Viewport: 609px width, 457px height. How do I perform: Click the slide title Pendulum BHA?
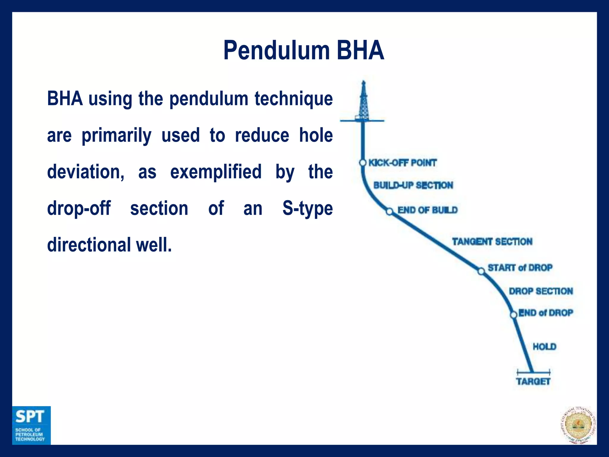[x=304, y=51]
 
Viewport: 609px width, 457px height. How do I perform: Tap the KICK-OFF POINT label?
[x=402, y=163]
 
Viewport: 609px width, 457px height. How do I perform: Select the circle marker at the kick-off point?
[x=362, y=163]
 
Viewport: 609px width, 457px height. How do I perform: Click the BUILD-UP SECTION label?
[x=413, y=185]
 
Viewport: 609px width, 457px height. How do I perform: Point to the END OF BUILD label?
[x=427, y=210]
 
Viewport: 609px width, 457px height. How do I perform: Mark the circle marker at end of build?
[x=390, y=212]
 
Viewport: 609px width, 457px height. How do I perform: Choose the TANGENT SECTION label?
[x=492, y=242]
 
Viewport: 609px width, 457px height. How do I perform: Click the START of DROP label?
[x=520, y=268]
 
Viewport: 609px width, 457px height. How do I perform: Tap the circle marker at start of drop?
[x=481, y=271]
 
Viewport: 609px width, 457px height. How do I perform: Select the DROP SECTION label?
[x=541, y=291]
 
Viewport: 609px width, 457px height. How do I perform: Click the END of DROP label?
[x=546, y=313]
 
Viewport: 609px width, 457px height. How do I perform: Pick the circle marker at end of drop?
[x=514, y=315]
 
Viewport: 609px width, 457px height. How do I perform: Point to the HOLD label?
[x=544, y=347]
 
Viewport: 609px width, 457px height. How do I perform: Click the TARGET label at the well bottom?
[x=533, y=381]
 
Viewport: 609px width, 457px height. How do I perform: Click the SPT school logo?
[x=31, y=425]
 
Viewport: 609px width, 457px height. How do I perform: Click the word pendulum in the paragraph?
[x=209, y=99]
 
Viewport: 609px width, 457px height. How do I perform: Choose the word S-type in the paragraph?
[x=307, y=208]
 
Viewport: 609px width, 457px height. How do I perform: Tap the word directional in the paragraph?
[x=89, y=245]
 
